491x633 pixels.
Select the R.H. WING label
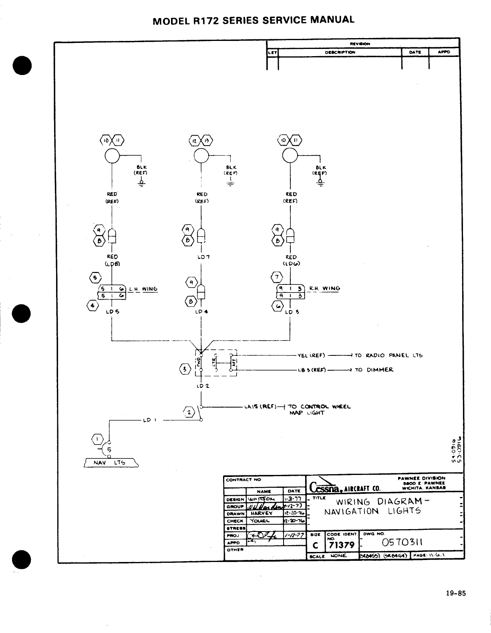[325, 288]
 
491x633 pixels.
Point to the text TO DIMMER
[374, 370]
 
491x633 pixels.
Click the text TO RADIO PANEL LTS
[388, 355]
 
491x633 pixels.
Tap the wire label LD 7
[201, 257]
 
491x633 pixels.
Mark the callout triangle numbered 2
[189, 412]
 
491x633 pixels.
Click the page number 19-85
[456, 594]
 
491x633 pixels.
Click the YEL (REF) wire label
[311, 355]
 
